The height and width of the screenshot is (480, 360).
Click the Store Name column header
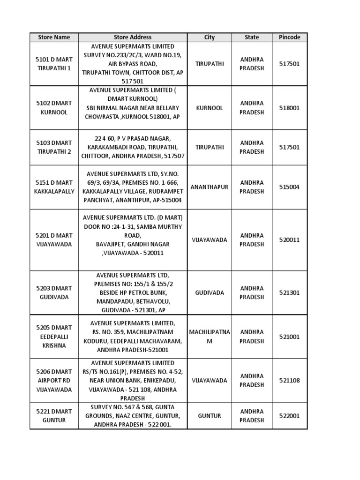(53, 37)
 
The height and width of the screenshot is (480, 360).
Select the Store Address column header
(133, 37)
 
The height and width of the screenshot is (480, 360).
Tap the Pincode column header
(289, 37)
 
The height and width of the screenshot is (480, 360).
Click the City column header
(210, 37)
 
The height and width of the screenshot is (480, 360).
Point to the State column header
(252, 37)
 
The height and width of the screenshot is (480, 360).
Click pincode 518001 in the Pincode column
(289, 108)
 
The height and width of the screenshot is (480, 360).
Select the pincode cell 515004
(289, 187)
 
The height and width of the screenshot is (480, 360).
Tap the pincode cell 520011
(289, 240)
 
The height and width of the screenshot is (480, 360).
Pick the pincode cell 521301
(289, 292)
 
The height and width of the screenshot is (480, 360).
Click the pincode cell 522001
(289, 416)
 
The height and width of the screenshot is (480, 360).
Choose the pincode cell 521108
(289, 381)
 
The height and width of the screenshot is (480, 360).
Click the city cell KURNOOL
(210, 108)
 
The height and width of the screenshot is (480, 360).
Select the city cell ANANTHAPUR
(210, 187)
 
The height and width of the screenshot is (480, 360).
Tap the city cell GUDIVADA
(210, 292)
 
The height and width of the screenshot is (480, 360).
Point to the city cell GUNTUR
(210, 416)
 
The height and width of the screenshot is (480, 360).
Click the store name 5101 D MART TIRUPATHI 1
(53, 64)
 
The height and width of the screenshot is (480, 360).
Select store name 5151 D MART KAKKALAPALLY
(53, 187)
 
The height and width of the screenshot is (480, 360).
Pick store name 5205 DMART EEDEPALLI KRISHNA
(53, 337)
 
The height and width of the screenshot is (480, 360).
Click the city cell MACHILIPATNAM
(210, 337)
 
